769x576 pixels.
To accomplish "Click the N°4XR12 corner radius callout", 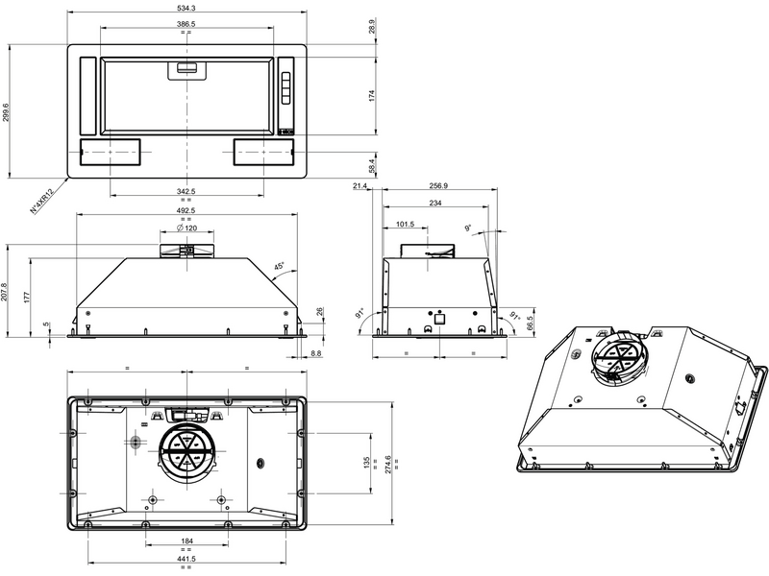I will (41, 201).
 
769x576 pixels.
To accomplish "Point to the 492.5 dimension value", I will (186, 211).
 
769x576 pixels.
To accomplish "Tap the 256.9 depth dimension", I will (439, 186).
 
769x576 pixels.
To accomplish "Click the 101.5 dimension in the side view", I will (405, 226).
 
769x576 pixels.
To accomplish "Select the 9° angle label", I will (468, 228).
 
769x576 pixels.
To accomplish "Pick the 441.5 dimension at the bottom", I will (186, 560).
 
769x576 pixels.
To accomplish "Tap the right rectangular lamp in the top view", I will (262, 152).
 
